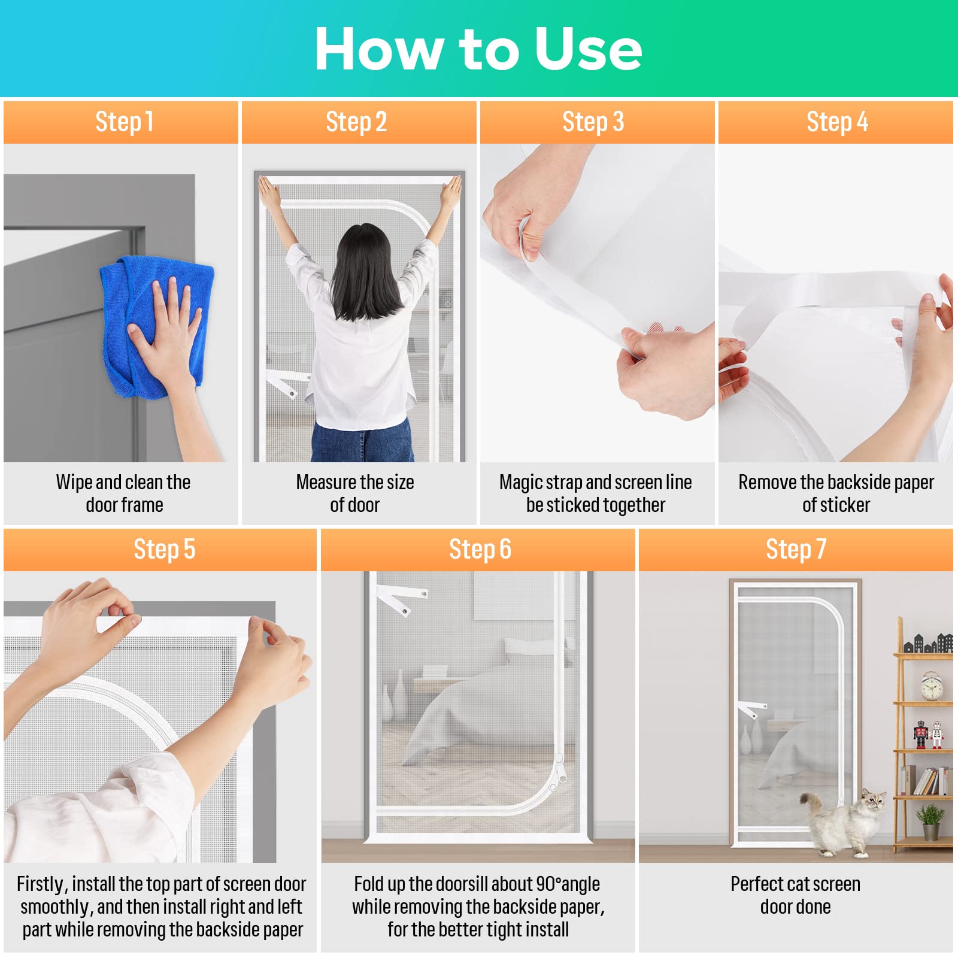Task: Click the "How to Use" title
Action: tap(478, 49)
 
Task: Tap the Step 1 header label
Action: tap(125, 122)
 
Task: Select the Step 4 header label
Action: tap(837, 122)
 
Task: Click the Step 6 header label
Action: tap(480, 550)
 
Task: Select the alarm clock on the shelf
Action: tap(932, 686)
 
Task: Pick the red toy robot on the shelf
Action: tap(921, 734)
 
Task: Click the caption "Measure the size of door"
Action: tap(355, 493)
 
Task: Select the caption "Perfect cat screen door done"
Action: tap(795, 895)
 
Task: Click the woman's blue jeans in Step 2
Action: tap(362, 440)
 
